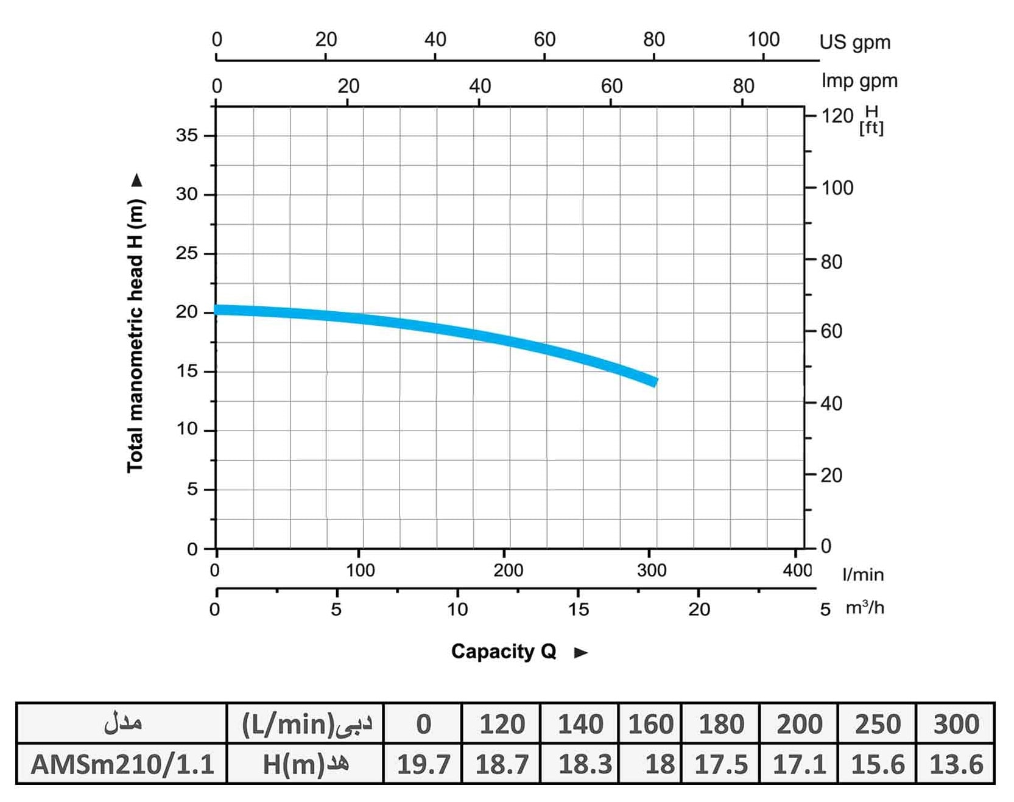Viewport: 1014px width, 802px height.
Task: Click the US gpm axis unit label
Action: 854,42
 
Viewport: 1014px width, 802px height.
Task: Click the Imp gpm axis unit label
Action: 859,81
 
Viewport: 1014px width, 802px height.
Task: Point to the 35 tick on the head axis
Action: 187,135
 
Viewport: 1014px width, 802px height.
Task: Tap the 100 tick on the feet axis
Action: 837,188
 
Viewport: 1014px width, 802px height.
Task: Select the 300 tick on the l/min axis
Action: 651,570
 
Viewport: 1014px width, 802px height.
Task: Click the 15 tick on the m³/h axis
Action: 579,608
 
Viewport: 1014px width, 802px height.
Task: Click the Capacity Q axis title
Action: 503,652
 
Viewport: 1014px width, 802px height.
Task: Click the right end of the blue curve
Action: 655,381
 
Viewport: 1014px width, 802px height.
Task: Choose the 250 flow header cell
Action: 877,724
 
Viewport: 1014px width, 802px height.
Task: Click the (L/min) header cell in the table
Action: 305,724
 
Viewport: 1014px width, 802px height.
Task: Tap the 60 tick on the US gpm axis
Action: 544,40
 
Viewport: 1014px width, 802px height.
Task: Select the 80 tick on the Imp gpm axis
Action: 743,86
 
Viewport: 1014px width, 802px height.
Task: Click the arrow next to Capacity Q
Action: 581,653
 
